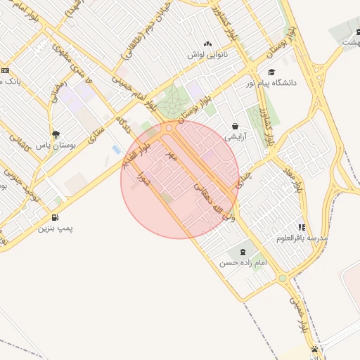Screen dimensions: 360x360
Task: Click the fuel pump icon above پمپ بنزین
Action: (x=55, y=217)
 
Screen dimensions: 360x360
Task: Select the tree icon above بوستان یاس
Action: (x=56, y=134)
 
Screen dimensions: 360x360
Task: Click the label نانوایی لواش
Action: (x=205, y=54)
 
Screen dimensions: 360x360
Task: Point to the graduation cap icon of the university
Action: (x=272, y=72)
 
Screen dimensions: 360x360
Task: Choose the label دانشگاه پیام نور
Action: (x=290, y=82)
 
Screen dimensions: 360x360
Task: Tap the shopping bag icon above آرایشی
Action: (x=234, y=127)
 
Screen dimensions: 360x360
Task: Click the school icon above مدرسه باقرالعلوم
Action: (x=302, y=227)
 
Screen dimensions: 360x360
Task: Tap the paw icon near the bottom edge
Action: (x=314, y=349)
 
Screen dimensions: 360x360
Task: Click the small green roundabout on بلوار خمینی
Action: (x=283, y=278)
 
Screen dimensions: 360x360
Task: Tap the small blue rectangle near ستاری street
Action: (x=115, y=150)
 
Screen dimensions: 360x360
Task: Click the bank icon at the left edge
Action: (x=5, y=70)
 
